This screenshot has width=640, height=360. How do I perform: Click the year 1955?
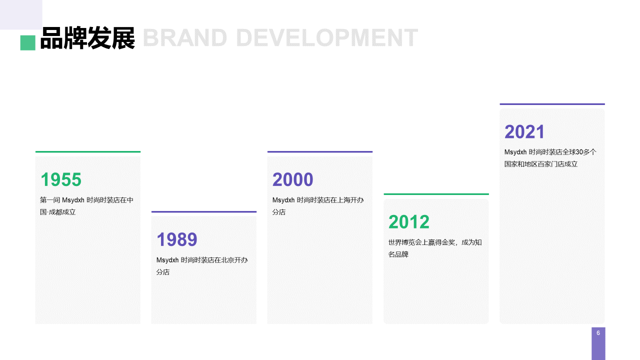61,179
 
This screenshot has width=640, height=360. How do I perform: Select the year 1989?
177,239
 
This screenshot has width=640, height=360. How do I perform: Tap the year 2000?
293,179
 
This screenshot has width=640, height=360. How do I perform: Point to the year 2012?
409,221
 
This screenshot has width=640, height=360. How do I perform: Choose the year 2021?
524,131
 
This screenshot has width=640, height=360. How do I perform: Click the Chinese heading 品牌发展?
87,38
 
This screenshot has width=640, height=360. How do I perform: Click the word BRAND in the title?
185,37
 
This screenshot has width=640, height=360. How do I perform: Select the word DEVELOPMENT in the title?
327,37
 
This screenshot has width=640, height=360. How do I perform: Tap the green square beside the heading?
27,43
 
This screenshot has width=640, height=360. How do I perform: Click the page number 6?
598,333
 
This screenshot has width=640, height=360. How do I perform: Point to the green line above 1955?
88,151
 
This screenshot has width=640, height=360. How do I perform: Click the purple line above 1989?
204,211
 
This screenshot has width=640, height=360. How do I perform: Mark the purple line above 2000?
320,151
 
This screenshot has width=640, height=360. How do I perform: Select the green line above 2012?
436,194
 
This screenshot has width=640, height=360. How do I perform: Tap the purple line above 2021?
552,104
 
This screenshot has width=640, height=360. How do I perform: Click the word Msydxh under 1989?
167,260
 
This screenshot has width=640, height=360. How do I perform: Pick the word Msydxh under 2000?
283,200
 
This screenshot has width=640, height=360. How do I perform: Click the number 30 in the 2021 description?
579,152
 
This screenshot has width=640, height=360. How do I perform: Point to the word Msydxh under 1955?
73,200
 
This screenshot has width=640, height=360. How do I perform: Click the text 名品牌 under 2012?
398,254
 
